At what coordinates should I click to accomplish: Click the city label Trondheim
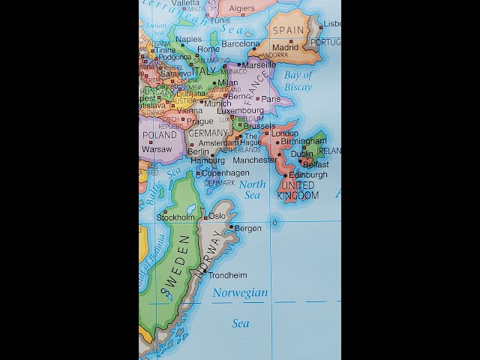pos(227,275)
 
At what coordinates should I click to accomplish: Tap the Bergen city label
pos(247,228)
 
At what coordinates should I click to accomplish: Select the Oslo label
pos(217,216)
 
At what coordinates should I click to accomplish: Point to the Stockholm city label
pos(175,217)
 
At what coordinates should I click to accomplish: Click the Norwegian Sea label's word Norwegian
pos(240,293)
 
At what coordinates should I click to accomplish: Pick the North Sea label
pos(252,190)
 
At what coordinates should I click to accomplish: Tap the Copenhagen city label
pos(225,173)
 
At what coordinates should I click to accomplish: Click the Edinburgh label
pos(308,175)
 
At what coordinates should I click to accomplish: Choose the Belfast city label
pos(316,164)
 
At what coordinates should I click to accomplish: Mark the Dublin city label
pos(301,154)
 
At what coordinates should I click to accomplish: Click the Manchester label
pos(254,160)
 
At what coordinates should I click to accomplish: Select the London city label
pos(285,133)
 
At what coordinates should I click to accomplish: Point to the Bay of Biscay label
pos(298,81)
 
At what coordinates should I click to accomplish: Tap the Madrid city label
pos(285,47)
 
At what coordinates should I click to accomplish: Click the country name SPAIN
pos(288,31)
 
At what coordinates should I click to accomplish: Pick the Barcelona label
pos(240,43)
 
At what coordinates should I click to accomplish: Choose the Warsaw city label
pos(157,149)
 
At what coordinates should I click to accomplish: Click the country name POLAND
pos(159,136)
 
